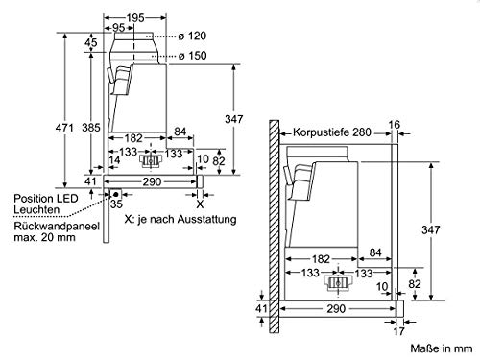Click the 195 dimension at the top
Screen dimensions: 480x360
click(135, 18)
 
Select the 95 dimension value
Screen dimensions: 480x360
click(118, 28)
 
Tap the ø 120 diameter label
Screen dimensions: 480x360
click(192, 36)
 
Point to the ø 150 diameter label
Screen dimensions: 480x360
click(192, 56)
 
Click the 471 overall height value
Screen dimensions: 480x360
click(64, 128)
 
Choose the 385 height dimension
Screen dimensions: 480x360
click(91, 128)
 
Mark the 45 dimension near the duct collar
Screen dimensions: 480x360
click(91, 42)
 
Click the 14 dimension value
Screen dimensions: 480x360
click(114, 160)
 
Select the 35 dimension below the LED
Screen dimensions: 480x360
click(116, 204)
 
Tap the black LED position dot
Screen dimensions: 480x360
click(116, 194)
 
